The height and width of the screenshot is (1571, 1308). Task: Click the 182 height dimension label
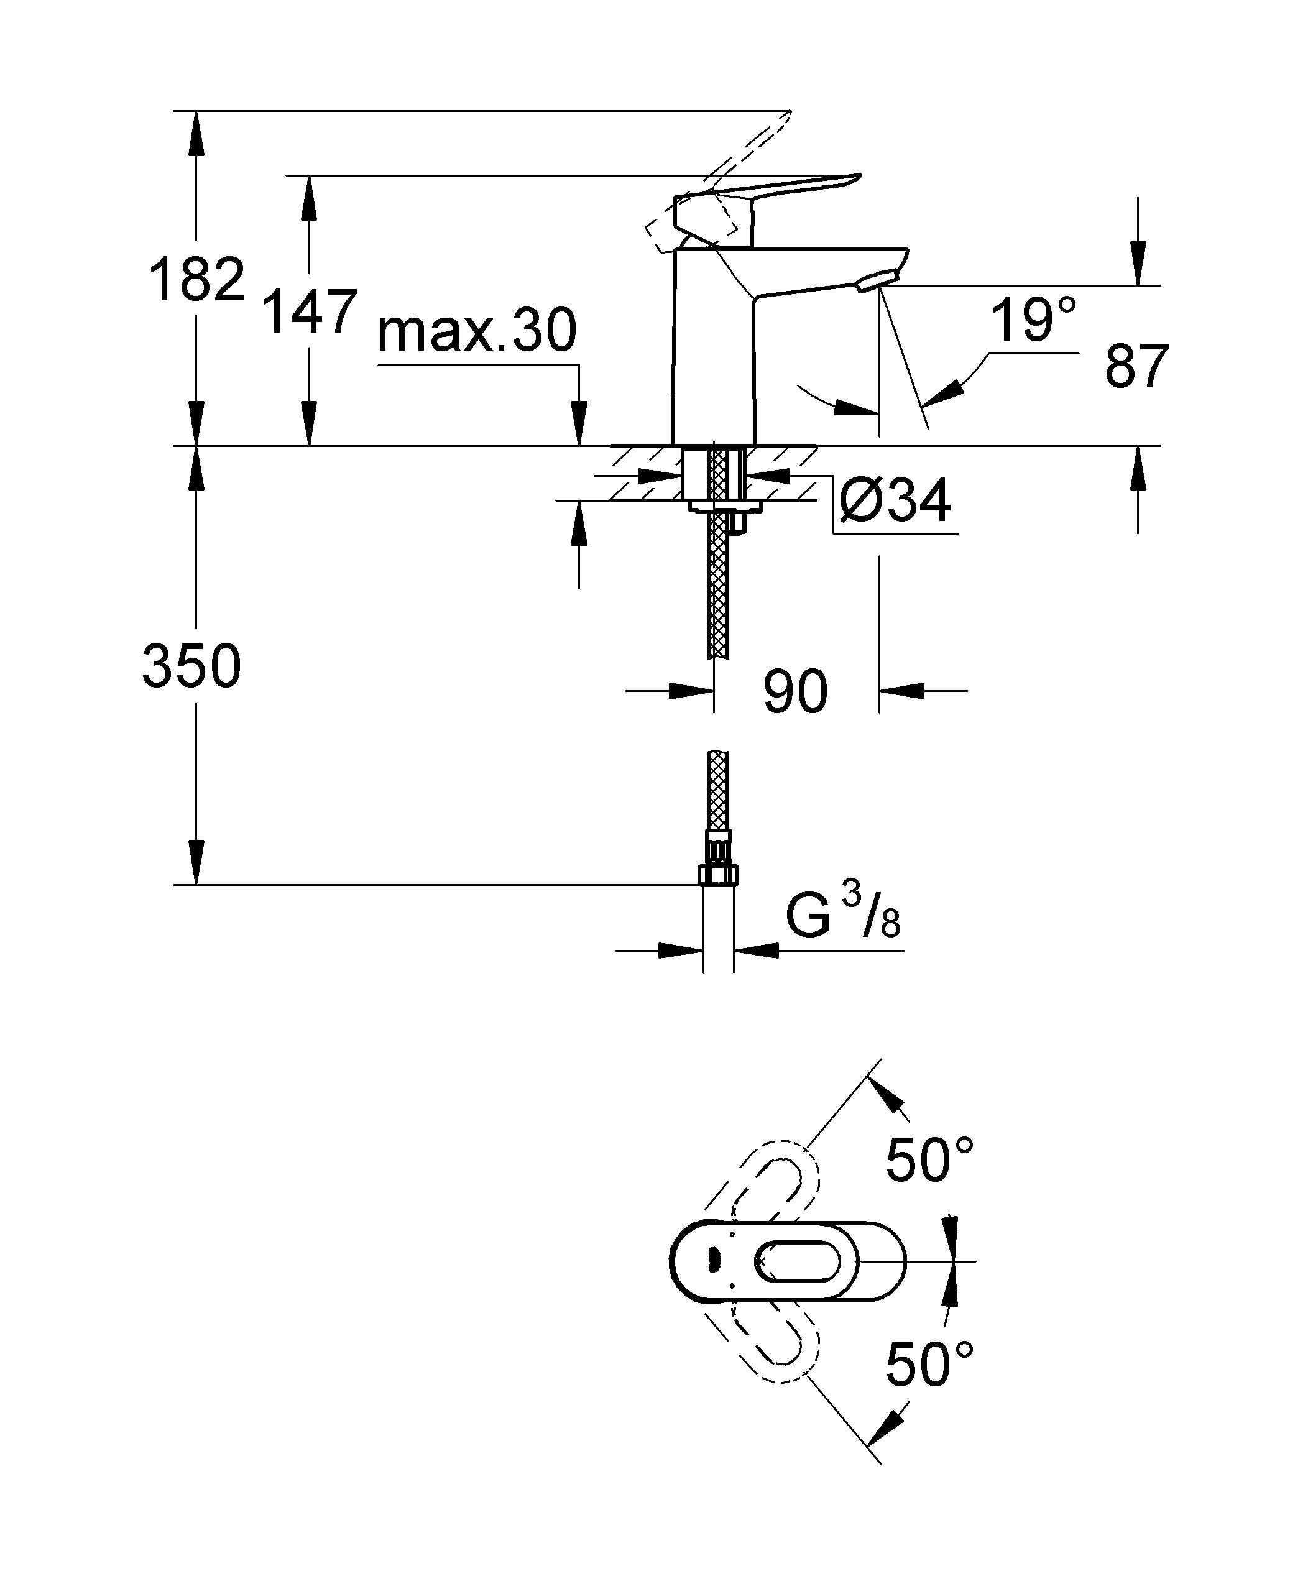(197, 280)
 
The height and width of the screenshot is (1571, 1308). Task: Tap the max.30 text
(477, 331)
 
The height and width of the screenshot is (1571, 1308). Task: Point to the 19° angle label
(1033, 320)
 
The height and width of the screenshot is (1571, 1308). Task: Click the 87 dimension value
(1136, 367)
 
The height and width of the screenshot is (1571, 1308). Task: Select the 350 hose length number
(191, 666)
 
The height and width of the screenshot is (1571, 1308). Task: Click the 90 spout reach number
(794, 692)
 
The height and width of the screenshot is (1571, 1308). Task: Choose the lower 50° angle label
(929, 1364)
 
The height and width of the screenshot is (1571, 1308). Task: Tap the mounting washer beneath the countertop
(724, 508)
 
